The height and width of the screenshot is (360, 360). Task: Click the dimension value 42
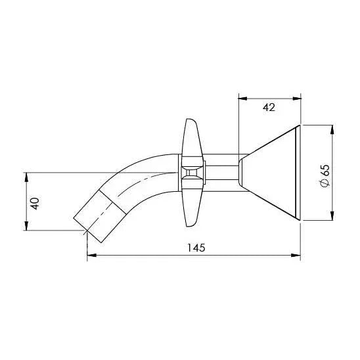pos(269,108)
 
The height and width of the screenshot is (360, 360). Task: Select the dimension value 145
pos(196,248)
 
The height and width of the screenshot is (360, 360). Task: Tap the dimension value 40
pos(35,203)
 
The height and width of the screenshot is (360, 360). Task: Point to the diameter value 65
pos(325,170)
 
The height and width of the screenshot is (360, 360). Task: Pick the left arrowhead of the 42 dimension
pos(243,99)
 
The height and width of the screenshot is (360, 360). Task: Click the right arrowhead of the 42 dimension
pos(297,99)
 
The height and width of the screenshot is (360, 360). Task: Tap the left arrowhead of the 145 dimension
pos(91,256)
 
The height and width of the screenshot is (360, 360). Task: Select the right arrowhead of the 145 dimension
pos(296,256)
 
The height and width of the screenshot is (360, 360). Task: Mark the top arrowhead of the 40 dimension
pos(26,177)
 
